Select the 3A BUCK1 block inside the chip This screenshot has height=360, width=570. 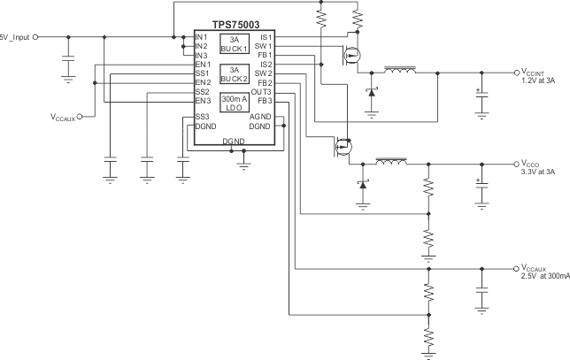pyautogui.click(x=234, y=44)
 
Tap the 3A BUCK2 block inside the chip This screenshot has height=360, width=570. pyautogui.click(x=234, y=73)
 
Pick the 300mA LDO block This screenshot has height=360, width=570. pyautogui.click(x=234, y=102)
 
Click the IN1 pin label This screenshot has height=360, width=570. pyautogui.click(x=202, y=37)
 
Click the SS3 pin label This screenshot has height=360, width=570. pyautogui.click(x=202, y=117)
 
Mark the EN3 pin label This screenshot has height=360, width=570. pyautogui.click(x=202, y=101)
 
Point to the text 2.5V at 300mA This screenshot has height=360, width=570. pyautogui.click(x=544, y=276)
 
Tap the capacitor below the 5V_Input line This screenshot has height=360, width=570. pyautogui.click(x=68, y=63)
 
